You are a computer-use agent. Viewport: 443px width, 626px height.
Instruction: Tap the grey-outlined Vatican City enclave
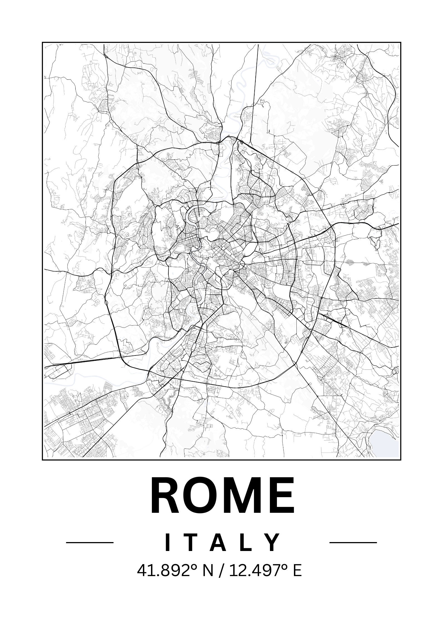181,247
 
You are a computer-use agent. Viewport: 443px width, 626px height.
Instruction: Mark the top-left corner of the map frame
42,43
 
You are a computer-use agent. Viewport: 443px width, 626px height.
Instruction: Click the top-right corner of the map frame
401,43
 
